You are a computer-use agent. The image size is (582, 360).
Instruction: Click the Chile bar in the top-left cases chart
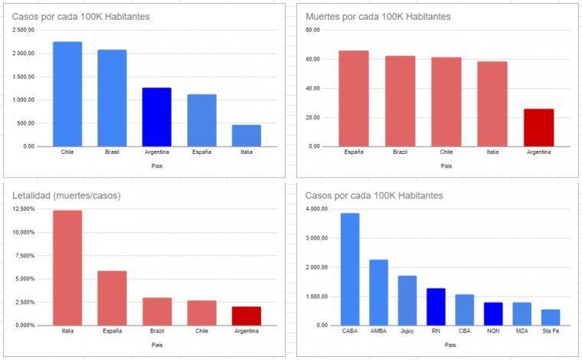[x=67, y=93]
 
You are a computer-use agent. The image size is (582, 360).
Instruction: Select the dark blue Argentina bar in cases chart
[x=157, y=116]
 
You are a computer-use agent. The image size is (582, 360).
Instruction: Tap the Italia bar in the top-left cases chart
[x=247, y=135]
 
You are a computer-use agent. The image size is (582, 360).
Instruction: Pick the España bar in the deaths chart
[x=354, y=98]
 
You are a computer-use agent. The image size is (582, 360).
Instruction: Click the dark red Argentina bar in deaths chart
[x=538, y=127]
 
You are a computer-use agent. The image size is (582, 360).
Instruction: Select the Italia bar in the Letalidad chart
[x=67, y=267]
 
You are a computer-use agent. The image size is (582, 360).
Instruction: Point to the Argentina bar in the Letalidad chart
[x=247, y=316]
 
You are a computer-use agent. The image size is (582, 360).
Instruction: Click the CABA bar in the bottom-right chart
[x=350, y=269]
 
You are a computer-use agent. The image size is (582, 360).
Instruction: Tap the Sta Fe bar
[x=551, y=317]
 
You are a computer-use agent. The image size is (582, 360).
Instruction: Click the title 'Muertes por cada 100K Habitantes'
[x=378, y=16]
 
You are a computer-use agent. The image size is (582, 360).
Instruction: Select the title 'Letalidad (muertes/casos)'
[x=67, y=195]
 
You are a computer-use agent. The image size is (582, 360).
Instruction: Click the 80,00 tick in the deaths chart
[x=312, y=30]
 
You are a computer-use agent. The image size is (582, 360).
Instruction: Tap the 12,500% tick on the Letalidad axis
[x=24, y=209]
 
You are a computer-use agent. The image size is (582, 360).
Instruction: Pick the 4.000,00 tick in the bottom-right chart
[x=317, y=209]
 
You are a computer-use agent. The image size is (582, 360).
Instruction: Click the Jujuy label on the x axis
[x=407, y=331]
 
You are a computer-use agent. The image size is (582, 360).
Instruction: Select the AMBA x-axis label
[x=378, y=331]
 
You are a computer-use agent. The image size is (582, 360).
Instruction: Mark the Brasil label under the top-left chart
[x=112, y=152]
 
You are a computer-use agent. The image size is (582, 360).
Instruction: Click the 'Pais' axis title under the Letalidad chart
[x=157, y=345]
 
